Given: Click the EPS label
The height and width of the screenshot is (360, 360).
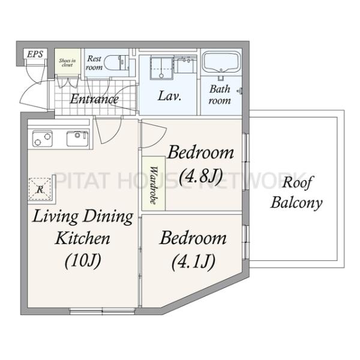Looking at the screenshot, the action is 35,54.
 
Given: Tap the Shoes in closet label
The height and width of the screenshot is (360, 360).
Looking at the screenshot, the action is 67,62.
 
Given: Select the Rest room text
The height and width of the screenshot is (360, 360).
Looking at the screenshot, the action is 94,63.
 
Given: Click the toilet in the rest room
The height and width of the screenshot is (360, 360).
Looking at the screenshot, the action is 115,63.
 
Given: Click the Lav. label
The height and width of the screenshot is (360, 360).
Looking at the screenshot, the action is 170,96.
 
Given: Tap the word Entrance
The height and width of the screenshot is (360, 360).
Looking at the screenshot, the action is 94,99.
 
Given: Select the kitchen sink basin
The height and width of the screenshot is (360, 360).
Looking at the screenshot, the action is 77,139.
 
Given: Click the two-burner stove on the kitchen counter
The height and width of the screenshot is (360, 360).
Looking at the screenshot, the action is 42,139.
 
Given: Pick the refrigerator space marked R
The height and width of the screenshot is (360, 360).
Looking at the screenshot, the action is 40,189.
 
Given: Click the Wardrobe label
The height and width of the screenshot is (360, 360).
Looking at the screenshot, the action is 154,185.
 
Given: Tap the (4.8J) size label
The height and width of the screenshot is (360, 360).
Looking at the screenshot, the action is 201,177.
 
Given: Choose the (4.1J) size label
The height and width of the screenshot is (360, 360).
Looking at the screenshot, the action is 194,262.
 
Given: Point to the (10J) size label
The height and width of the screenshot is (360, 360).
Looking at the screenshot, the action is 83,260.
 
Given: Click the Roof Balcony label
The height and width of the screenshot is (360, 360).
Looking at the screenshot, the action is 296,193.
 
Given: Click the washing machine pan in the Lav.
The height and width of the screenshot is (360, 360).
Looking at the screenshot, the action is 161,68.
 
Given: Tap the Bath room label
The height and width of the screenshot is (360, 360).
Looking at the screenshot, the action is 220,95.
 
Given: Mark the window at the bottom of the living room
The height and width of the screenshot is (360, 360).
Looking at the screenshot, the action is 102,311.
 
